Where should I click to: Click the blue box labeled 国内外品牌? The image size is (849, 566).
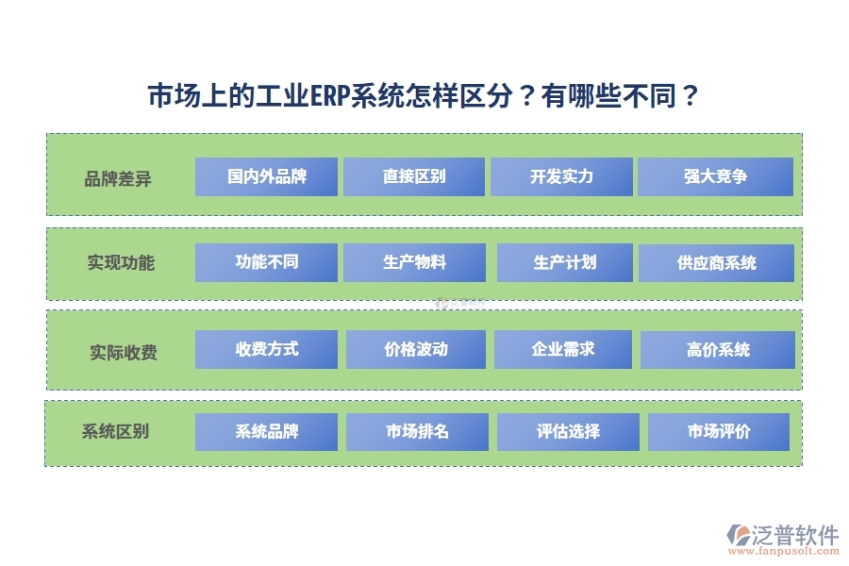[266, 176]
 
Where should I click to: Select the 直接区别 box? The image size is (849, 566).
[414, 176]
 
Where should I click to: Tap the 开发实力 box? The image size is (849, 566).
[561, 176]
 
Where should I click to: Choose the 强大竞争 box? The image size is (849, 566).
[715, 176]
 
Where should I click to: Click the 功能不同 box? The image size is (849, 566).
[266, 262]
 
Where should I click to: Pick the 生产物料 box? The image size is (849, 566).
[414, 262]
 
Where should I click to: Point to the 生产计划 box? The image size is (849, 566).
[565, 262]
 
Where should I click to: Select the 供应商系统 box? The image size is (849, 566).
[716, 263]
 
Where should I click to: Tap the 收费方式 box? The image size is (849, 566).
[266, 349]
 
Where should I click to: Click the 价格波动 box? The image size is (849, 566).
[416, 349]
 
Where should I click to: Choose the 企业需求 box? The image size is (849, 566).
[563, 349]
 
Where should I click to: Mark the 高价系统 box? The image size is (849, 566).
[718, 350]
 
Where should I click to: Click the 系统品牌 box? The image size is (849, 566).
[266, 432]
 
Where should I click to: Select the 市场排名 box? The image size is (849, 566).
[417, 432]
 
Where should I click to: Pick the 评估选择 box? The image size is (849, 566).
[568, 432]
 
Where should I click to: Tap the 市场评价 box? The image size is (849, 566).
[718, 432]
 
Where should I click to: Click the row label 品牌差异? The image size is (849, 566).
[118, 178]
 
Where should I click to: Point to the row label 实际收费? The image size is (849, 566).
[124, 353]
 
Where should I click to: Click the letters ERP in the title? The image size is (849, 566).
[329, 96]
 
